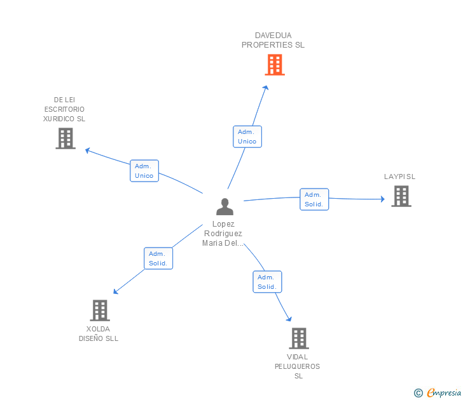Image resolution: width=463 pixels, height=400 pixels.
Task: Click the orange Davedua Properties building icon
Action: pyautogui.click(x=274, y=65)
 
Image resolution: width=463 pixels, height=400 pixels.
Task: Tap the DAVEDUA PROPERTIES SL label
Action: pyautogui.click(x=273, y=40)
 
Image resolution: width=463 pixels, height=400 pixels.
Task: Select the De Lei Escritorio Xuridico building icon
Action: pyautogui.click(x=66, y=138)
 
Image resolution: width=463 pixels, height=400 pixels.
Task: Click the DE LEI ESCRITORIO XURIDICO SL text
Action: pyautogui.click(x=64, y=109)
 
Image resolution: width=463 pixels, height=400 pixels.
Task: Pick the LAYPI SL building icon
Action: pyautogui.click(x=401, y=196)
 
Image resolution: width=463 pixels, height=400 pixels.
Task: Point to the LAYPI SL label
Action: pyautogui.click(x=399, y=177)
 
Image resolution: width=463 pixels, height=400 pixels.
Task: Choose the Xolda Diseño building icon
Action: pyautogui.click(x=99, y=310)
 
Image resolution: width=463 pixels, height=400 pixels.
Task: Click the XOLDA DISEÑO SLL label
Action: pyautogui.click(x=99, y=334)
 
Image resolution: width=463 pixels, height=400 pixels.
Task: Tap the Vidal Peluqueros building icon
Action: pyautogui.click(x=298, y=338)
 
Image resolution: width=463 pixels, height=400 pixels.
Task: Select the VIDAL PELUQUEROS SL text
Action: pyautogui.click(x=298, y=366)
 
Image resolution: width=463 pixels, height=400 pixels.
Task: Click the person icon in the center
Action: pyautogui.click(x=225, y=206)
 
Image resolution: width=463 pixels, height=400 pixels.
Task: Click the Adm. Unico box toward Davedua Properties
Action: pyautogui.click(x=247, y=137)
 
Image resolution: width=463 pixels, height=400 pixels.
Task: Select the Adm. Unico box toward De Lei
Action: pyautogui.click(x=144, y=171)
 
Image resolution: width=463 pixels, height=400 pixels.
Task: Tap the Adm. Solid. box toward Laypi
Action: pyautogui.click(x=314, y=199)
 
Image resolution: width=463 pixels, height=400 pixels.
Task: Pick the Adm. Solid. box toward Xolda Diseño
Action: pyautogui.click(x=158, y=258)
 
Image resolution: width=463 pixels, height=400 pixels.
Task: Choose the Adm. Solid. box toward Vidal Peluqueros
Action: pyautogui.click(x=267, y=282)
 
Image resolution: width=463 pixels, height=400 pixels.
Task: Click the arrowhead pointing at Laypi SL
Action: pyautogui.click(x=382, y=199)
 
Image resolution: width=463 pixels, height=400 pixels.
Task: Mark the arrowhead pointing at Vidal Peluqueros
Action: pyautogui.click(x=289, y=319)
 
